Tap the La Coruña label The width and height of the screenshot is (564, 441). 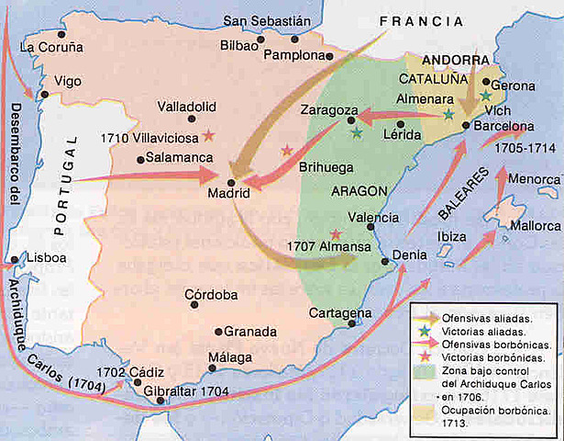pyautogui.click(x=51, y=47)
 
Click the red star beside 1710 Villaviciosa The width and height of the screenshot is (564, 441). pyautogui.click(x=209, y=135)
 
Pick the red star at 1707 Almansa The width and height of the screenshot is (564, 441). pyautogui.click(x=335, y=234)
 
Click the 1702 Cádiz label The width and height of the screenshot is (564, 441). pyautogui.click(x=129, y=372)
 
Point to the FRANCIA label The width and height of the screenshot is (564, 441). pyautogui.click(x=416, y=19)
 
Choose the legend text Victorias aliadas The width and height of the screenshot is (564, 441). pyautogui.click(x=471, y=328)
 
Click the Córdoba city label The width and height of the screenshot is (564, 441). pyautogui.click(x=211, y=295)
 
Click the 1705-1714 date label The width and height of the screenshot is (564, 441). pyautogui.click(x=517, y=147)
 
